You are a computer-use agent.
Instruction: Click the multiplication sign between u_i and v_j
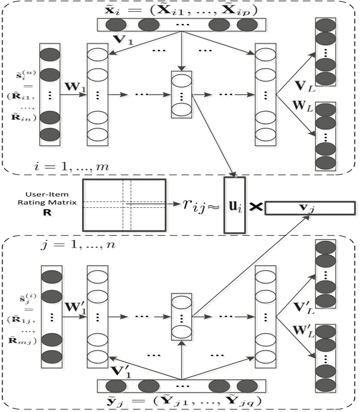point(255,205)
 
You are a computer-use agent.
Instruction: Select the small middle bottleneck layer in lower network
point(182,318)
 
